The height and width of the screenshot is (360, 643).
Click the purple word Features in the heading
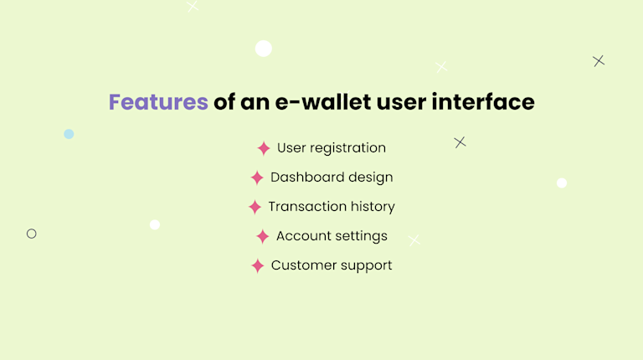tap(158, 102)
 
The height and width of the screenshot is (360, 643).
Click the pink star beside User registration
tap(264, 148)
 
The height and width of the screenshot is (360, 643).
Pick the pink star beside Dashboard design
tap(257, 177)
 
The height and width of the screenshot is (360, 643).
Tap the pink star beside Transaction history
tap(255, 207)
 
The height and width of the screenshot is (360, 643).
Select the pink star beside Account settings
tap(263, 236)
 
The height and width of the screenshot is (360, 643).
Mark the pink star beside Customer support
tap(258, 265)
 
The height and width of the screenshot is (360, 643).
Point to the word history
tap(373, 207)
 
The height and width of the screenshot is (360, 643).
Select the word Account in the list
tap(303, 236)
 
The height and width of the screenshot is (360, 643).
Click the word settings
tap(361, 236)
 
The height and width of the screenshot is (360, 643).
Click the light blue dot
tap(69, 134)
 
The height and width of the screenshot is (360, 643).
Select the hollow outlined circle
tap(32, 234)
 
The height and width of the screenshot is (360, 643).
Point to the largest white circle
tap(264, 49)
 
